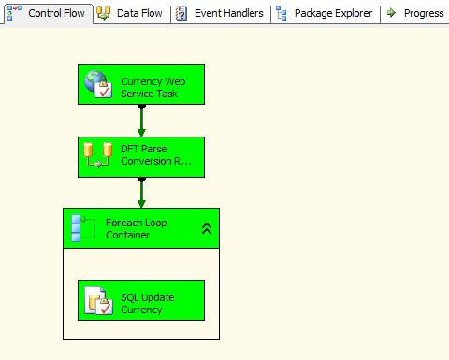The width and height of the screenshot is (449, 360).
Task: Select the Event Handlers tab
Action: pyautogui.click(x=220, y=13)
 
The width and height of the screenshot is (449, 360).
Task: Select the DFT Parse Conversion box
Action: pyautogui.click(x=155, y=156)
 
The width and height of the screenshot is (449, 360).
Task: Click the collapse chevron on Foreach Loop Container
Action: pyautogui.click(x=207, y=228)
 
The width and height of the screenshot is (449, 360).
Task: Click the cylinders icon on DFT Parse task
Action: pyautogui.click(x=97, y=155)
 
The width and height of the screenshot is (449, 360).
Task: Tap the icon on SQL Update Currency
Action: pyautogui.click(x=98, y=300)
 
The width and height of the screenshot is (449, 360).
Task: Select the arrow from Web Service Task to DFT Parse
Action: pyautogui.click(x=141, y=120)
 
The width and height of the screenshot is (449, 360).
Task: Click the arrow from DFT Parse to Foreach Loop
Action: pyautogui.click(x=141, y=192)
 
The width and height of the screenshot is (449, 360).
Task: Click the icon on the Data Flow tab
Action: pyautogui.click(x=104, y=13)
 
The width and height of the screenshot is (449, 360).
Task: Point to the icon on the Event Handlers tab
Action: pyautogui.click(x=181, y=13)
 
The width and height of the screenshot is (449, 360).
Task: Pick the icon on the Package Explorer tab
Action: pyautogui.click(x=282, y=13)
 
